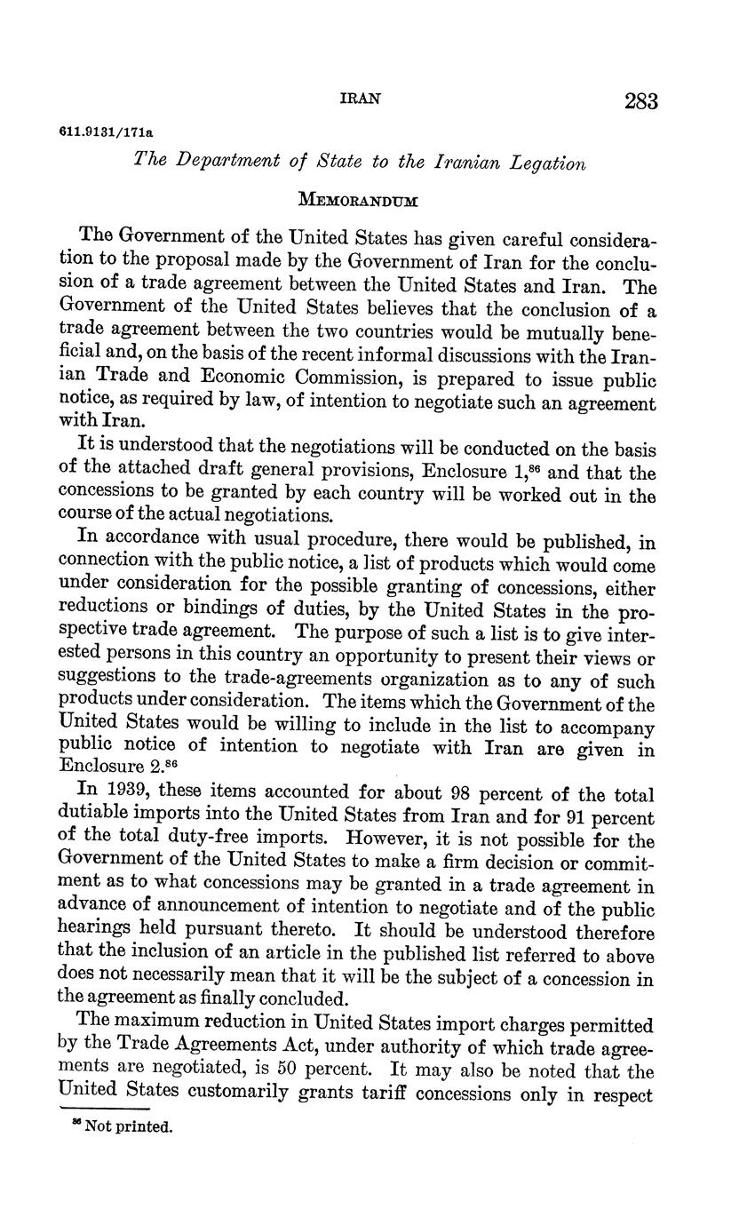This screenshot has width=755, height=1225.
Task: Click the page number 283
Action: [640, 101]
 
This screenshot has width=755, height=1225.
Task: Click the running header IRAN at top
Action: [361, 99]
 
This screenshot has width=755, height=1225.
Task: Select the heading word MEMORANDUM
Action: [358, 199]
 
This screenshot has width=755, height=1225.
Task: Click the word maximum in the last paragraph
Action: [159, 1025]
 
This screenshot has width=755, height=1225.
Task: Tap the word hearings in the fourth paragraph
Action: [92, 932]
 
